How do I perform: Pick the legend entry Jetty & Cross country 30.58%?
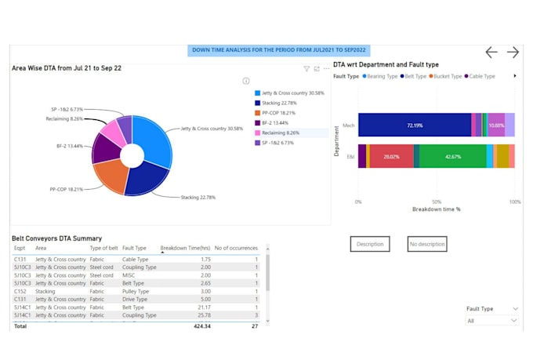283,93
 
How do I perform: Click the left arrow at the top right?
491,52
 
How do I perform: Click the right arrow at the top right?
513,52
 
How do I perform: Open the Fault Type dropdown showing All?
491,321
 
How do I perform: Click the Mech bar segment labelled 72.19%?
415,125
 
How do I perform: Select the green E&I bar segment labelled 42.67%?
453,156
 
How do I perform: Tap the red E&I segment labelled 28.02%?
390,156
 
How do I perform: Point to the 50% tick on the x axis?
437,202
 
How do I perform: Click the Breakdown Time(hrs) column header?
185,248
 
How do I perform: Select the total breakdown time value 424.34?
201,326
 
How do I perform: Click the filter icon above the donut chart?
306,68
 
